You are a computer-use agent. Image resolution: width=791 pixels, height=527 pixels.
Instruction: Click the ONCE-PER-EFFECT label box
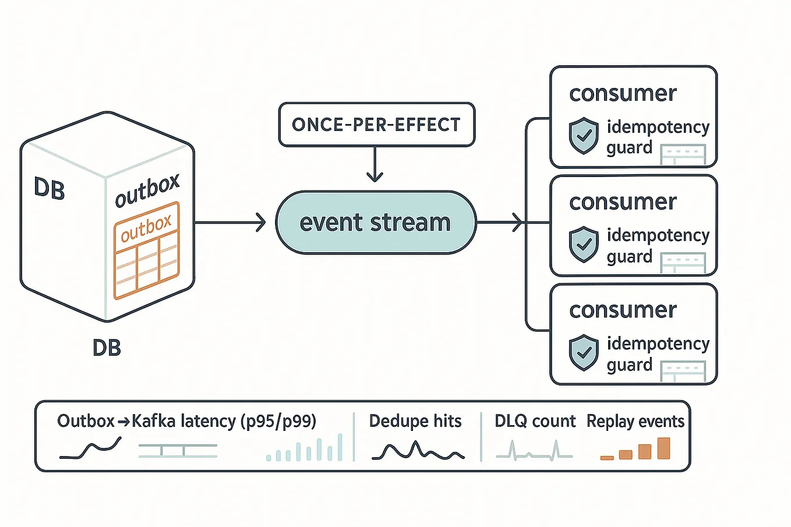[377, 125]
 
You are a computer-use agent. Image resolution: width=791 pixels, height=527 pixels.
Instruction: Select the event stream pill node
[376, 222]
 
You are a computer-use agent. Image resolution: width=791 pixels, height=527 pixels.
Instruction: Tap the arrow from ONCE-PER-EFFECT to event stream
[375, 164]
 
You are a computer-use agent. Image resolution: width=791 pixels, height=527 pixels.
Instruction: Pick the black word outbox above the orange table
[147, 190]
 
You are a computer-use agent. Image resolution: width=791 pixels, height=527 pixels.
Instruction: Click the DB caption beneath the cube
[107, 348]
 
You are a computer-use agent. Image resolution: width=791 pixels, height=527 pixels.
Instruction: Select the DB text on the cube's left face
[49, 189]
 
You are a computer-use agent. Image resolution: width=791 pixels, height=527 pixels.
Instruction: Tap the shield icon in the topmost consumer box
[584, 136]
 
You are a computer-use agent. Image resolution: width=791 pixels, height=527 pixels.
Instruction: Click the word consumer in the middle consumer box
[623, 202]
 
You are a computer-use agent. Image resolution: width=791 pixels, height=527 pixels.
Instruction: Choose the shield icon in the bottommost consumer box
[584, 352]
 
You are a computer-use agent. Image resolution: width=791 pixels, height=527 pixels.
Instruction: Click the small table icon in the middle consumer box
[683, 263]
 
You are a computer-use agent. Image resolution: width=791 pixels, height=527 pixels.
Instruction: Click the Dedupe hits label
[415, 421]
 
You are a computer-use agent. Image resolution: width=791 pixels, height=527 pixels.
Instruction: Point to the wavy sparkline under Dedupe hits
[418, 451]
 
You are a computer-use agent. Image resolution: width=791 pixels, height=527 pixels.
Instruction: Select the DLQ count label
[535, 421]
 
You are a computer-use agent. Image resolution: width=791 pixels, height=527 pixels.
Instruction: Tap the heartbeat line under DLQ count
[534, 451]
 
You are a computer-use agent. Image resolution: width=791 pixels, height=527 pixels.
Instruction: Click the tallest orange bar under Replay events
[663, 448]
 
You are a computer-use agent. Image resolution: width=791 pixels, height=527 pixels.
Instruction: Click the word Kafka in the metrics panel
[154, 421]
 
